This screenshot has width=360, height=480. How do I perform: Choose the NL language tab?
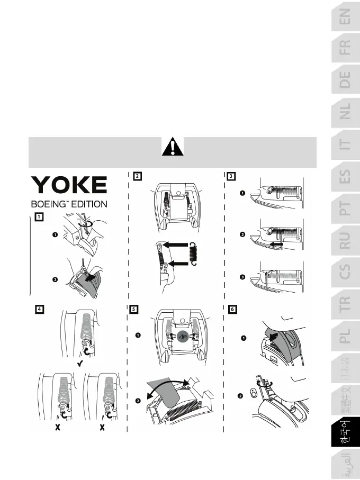[345, 112]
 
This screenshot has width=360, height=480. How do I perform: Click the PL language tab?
[345, 335]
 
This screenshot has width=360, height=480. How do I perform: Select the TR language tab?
[345, 303]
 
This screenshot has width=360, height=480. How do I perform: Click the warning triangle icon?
[172, 146]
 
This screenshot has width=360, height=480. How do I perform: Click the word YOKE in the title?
[70, 185]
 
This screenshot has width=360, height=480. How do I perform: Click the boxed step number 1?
[40, 216]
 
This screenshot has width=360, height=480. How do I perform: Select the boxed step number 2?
[137, 177]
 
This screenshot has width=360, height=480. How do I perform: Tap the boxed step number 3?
[231, 177]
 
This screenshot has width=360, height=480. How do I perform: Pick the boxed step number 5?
[136, 309]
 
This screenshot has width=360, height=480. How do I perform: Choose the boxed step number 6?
[231, 309]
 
